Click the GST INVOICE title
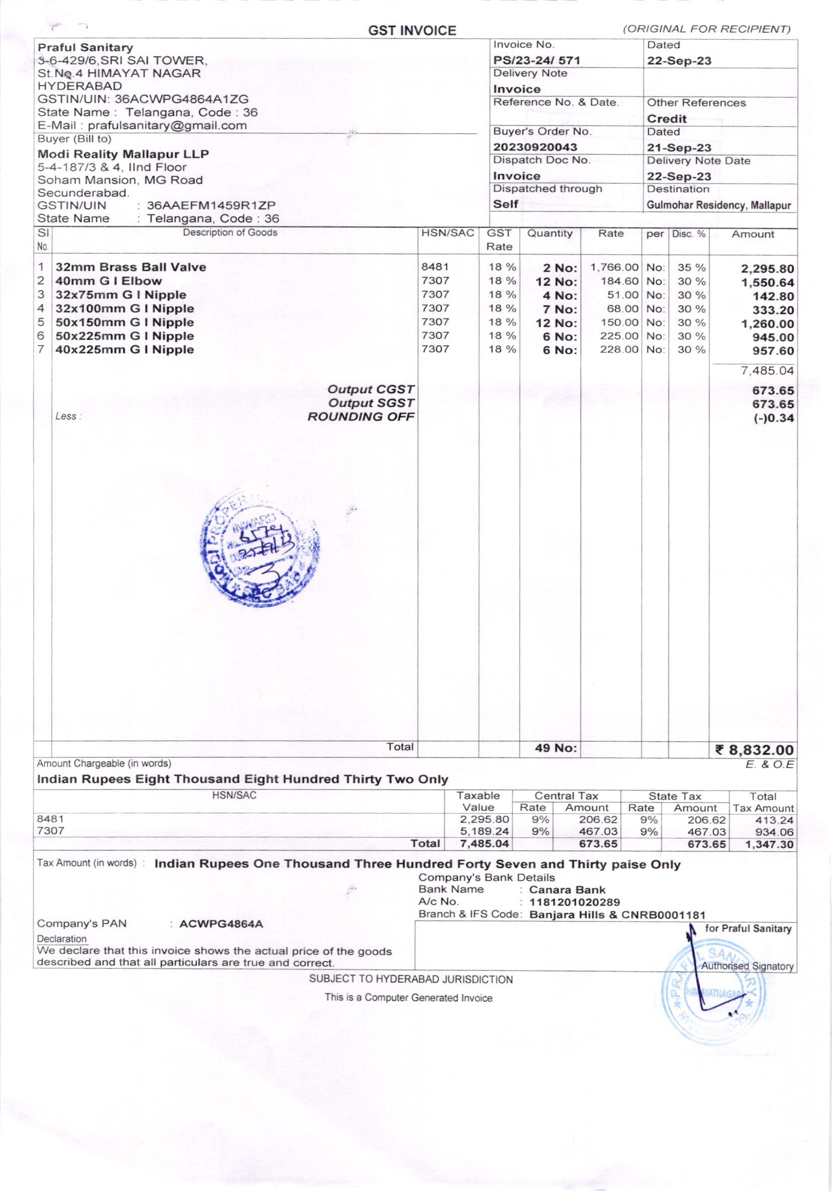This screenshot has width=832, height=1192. click(x=412, y=31)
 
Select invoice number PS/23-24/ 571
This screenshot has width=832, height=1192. click(x=536, y=61)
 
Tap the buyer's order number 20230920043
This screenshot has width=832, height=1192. click(x=535, y=147)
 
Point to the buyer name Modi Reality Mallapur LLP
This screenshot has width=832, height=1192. click(x=124, y=154)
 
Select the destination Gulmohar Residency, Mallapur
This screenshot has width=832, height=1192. click(x=718, y=206)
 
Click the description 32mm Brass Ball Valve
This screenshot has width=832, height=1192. click(x=131, y=268)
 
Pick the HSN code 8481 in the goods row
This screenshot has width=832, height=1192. click(x=435, y=267)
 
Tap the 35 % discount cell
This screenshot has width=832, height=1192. click(x=691, y=268)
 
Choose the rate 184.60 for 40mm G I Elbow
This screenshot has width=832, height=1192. click(x=620, y=281)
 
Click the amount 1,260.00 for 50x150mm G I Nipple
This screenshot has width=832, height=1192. click(x=768, y=324)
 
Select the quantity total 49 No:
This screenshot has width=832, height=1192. click(x=556, y=748)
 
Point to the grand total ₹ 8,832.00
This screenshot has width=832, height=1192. click(x=754, y=750)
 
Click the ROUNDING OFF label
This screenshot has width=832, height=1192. click(x=361, y=417)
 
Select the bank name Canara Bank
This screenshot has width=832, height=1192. click(x=567, y=889)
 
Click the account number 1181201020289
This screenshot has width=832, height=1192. click(x=574, y=902)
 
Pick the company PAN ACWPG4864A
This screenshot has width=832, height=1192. click(x=221, y=923)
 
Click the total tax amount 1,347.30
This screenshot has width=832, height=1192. click(x=769, y=844)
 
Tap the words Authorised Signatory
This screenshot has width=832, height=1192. click(x=747, y=966)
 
